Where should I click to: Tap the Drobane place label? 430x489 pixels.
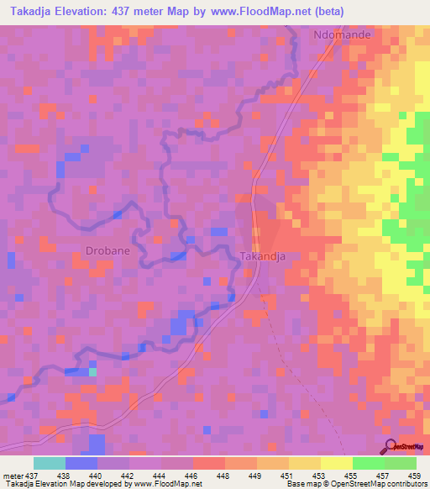(108, 250)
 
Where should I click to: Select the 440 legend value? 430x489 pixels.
(97, 476)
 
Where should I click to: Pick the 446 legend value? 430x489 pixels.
(192, 476)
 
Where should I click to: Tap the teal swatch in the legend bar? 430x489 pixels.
(50, 463)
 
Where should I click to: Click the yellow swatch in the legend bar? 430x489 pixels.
(337, 463)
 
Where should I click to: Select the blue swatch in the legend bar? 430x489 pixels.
(81, 463)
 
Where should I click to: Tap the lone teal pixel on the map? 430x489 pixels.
(93, 371)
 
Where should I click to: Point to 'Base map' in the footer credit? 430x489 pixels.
(302, 484)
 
